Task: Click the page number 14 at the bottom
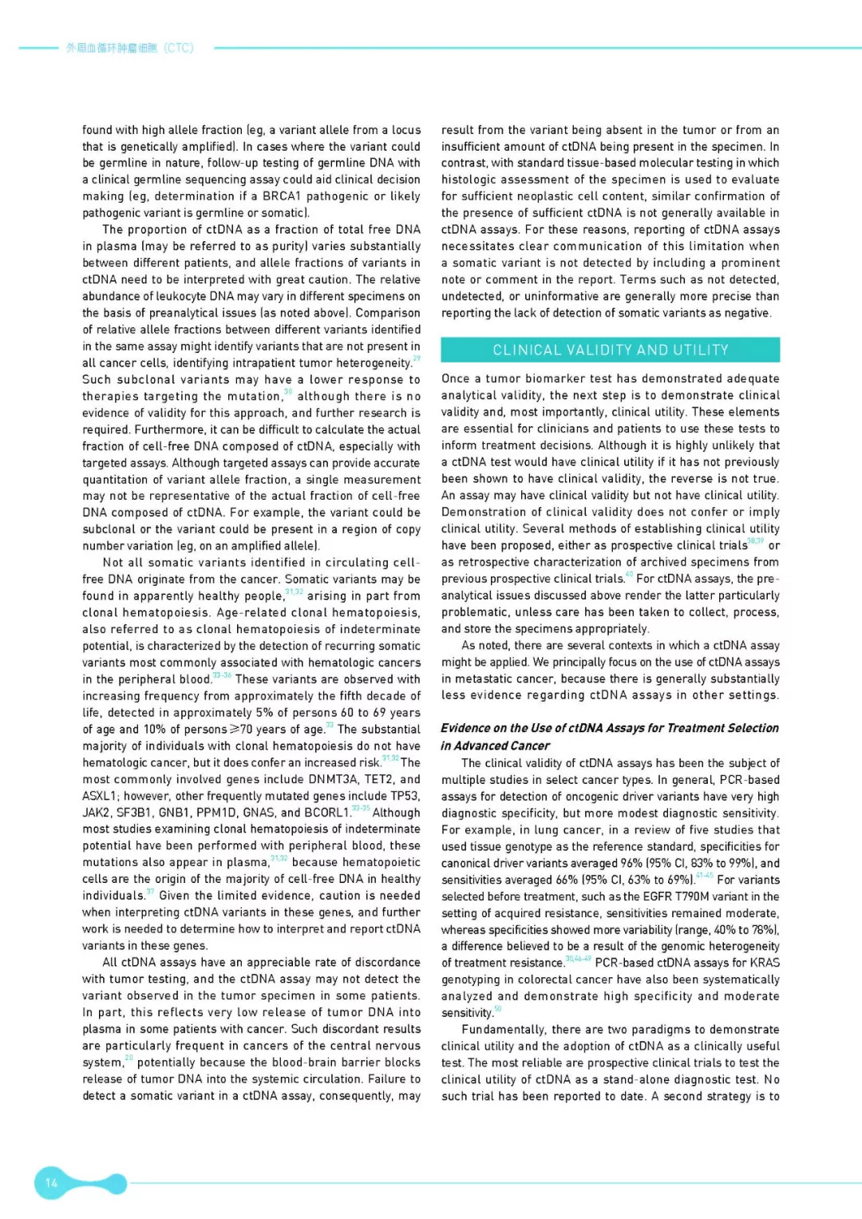51,1182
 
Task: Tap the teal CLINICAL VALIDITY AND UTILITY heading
611,350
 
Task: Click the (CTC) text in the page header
178,48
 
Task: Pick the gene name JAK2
95,813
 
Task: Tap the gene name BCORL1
327,813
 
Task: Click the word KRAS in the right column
765,963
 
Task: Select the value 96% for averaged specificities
631,863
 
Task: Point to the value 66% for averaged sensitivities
567,880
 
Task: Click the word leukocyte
179,296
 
